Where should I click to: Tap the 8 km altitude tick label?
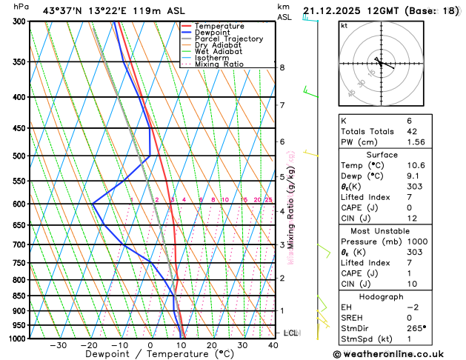282,67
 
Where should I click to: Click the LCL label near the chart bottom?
291,333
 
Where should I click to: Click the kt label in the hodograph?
344,25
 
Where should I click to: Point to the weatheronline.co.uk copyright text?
399,353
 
